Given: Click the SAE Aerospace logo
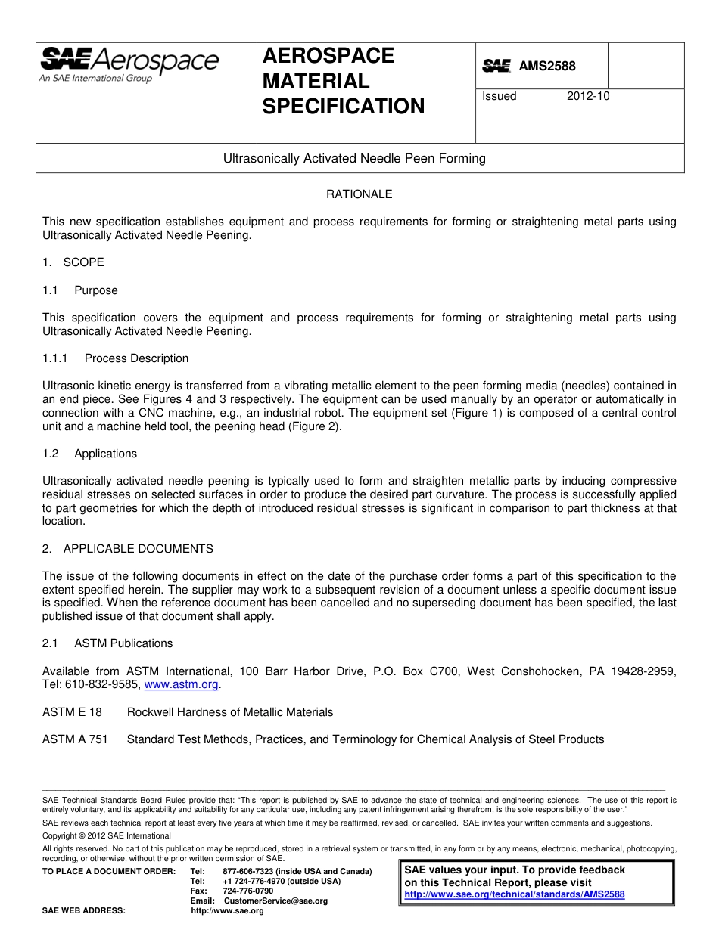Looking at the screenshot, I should pos(129,64).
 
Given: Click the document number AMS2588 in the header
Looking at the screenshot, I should pos(546,67).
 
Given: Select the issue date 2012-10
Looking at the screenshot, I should pos(588,96).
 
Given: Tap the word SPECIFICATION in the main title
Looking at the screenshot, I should pos(344,107).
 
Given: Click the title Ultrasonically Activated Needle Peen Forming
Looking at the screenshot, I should pos(354,159).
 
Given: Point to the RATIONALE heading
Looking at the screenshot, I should pos(359,194).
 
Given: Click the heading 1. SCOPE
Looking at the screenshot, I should pos(73,262).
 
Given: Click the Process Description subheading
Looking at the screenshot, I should pos(136,358).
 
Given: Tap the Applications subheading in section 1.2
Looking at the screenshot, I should pos(105,454).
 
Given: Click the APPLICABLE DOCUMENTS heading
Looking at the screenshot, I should pos(138,549).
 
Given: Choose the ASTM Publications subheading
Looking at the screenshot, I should pos(123,643).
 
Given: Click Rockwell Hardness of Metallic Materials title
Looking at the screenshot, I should pos(230,712).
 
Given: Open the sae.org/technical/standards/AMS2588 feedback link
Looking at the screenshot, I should pos(515,894).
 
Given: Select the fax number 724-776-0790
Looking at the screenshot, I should pos(248,891).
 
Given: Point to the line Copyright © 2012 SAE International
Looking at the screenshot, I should pos(107,836).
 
